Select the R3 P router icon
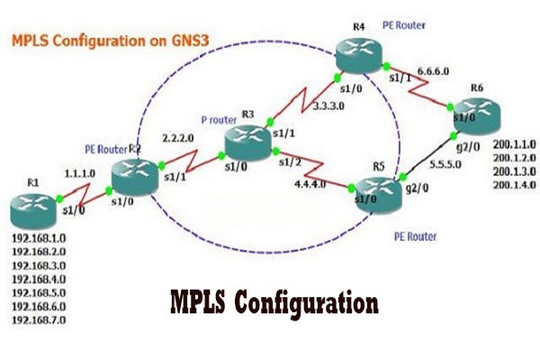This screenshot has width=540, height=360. (x=245, y=137)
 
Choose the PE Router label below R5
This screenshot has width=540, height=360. (x=415, y=237)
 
